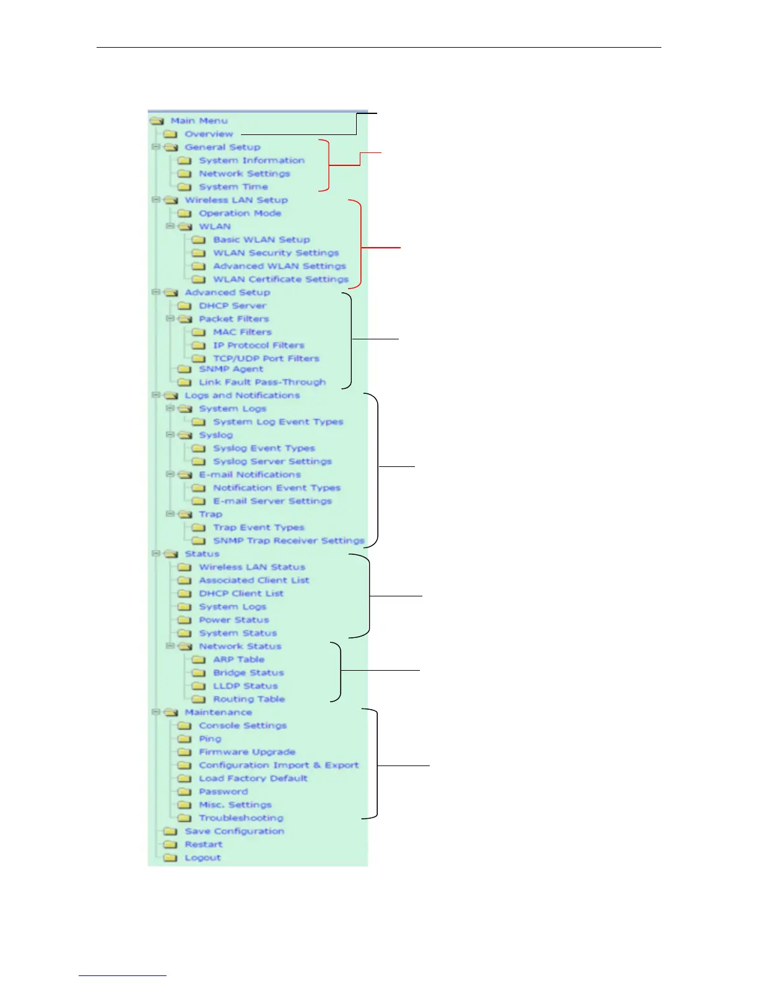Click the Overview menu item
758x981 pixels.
tap(209, 134)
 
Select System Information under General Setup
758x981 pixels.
tap(251, 160)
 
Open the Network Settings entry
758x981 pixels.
tap(244, 173)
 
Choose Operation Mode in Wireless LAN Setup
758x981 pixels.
tap(240, 213)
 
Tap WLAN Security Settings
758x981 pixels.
tap(276, 253)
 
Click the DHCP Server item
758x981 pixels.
tap(232, 305)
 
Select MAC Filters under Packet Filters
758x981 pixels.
tap(242, 332)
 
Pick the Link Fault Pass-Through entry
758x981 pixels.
tap(262, 382)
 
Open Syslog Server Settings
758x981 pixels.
tap(272, 461)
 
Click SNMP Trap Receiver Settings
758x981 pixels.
tap(289, 541)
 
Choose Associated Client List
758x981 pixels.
tap(254, 580)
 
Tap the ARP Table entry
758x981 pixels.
tap(238, 660)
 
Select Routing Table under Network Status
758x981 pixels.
tap(249, 699)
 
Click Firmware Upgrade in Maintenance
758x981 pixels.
tap(246, 752)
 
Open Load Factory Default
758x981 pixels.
tap(253, 778)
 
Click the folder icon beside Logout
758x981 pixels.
tap(170, 858)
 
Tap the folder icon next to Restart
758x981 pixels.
tap(170, 845)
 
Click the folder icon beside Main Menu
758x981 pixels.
tap(157, 121)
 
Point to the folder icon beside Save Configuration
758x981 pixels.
tap(170, 831)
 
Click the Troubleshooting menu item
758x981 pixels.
tap(241, 818)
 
